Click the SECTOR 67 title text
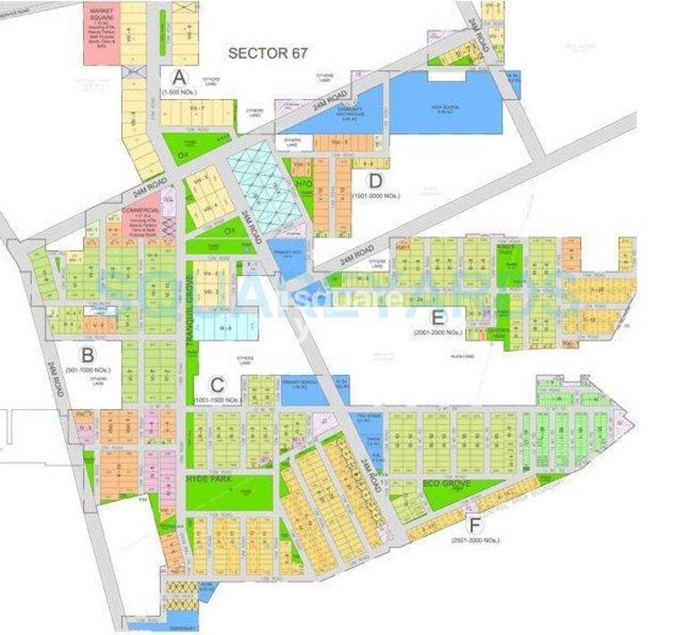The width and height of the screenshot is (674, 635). click(268, 53)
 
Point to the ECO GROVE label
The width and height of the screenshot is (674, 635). click(443, 488)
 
